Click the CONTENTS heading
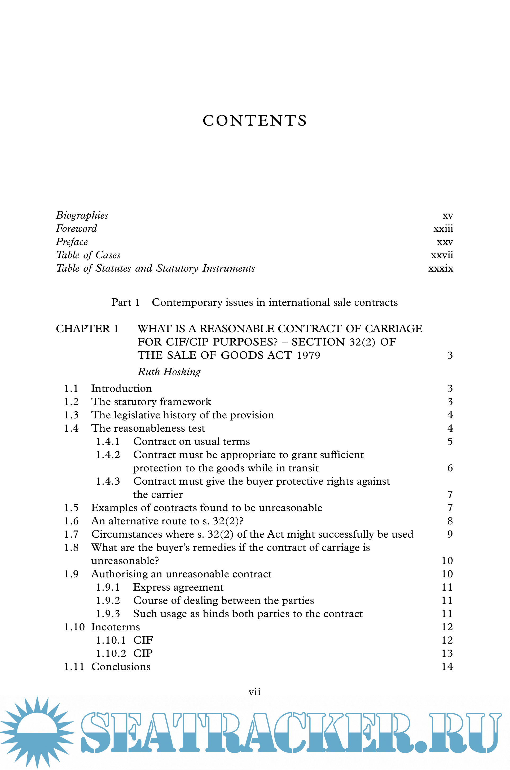255,121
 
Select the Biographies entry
82,215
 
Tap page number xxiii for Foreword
443,228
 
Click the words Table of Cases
88,255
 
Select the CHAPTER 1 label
87,329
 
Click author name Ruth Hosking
169,372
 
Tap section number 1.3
71,415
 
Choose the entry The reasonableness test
148,428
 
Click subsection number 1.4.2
108,455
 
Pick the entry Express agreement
178,587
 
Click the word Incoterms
116,627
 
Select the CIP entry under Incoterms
143,653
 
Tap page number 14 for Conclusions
447,667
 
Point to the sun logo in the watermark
37,732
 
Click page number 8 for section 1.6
450,521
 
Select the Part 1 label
126,302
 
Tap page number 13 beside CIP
447,653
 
